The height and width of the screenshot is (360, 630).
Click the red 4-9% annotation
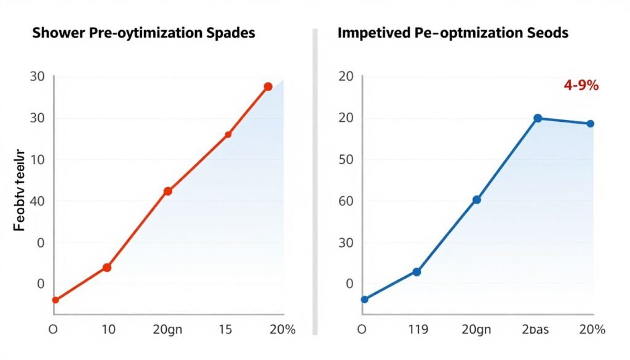coord(581,86)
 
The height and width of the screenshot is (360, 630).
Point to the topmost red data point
coord(268,87)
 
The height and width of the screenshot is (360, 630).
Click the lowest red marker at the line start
coord(55,300)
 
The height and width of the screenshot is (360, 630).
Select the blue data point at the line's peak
coord(538,118)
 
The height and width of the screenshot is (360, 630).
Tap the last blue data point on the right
coord(590,124)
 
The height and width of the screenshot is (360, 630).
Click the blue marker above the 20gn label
coord(476,199)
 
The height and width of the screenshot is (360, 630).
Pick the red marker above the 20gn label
coord(167,191)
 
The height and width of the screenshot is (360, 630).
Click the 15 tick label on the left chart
coord(225,329)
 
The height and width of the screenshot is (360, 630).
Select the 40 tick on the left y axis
coord(37,201)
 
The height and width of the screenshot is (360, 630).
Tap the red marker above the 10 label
coord(106,267)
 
